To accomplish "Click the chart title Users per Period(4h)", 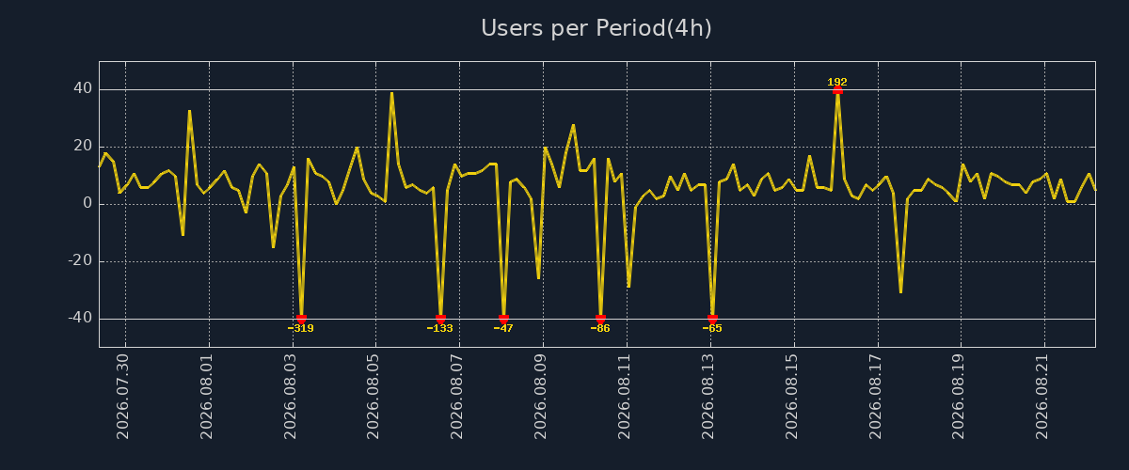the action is pyautogui.click(x=596, y=28).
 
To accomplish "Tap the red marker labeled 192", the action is pyautogui.click(x=837, y=90).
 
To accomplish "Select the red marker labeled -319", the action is pyautogui.click(x=301, y=319).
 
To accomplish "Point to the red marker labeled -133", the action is pyautogui.click(x=440, y=319).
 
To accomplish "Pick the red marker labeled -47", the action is pyautogui.click(x=503, y=319).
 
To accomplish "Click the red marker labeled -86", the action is pyautogui.click(x=600, y=319).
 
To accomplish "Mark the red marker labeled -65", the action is pyautogui.click(x=712, y=319).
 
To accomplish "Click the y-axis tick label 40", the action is pyautogui.click(x=83, y=88).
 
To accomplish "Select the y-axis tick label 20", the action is pyautogui.click(x=83, y=146).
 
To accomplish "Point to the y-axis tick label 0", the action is pyautogui.click(x=87, y=203).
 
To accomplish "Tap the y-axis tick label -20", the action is pyautogui.click(x=80, y=260).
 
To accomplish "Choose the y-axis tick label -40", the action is pyautogui.click(x=80, y=318).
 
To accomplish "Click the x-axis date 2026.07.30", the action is pyautogui.click(x=122, y=397).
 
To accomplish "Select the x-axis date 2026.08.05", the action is pyautogui.click(x=373, y=397).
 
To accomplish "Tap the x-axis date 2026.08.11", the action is pyautogui.click(x=624, y=397).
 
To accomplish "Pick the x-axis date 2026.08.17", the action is pyautogui.click(x=875, y=397).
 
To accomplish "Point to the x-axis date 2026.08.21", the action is pyautogui.click(x=1042, y=397).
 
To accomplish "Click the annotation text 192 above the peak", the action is pyautogui.click(x=837, y=82).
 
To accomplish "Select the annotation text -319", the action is pyautogui.click(x=301, y=328).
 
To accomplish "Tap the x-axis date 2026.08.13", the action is pyautogui.click(x=708, y=397).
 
